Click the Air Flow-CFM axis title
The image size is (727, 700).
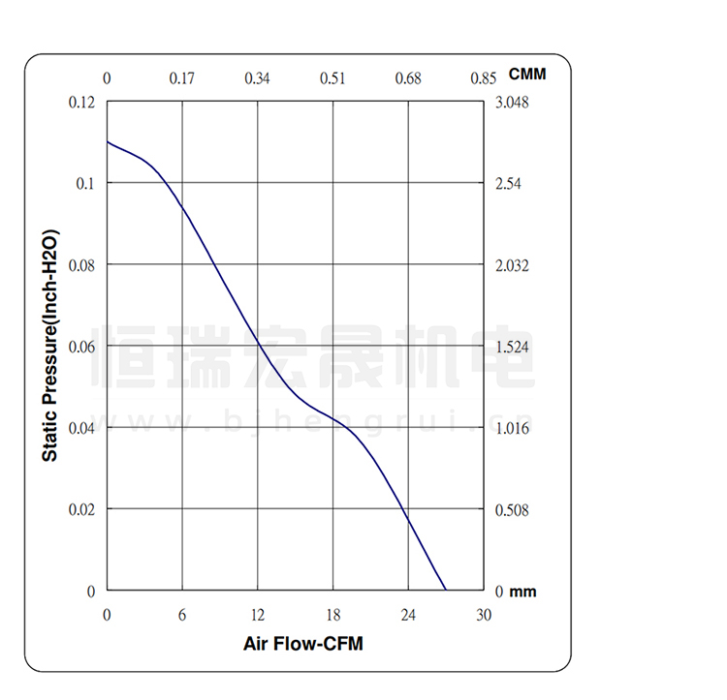click(303, 643)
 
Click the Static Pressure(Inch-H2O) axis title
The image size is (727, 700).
click(50, 346)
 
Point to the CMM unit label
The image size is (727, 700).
click(527, 75)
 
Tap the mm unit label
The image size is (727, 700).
click(522, 592)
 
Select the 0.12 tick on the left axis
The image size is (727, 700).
click(81, 103)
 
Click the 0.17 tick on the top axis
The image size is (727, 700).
click(182, 78)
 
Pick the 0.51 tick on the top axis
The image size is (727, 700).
click(332, 78)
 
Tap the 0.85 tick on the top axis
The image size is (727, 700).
click(483, 78)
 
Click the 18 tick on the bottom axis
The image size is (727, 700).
click(332, 615)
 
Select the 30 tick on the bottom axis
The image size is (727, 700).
click(484, 615)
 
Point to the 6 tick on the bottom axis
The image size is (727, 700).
click(182, 615)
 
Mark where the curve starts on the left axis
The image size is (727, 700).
click(108, 142)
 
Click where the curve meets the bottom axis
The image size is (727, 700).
click(446, 590)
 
